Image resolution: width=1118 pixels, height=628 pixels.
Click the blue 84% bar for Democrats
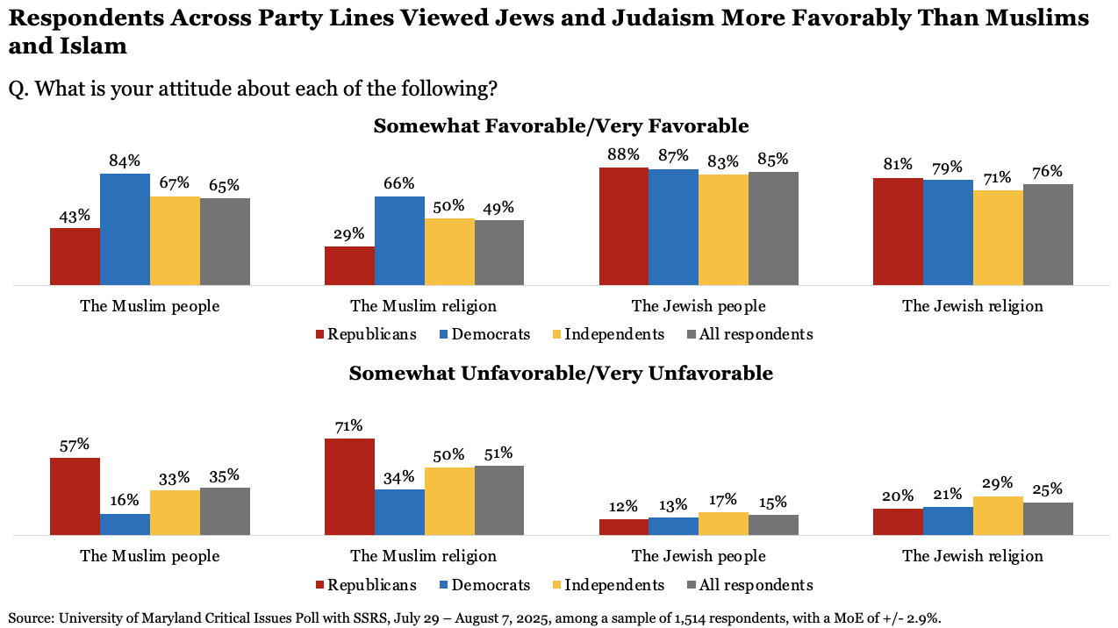point(125,229)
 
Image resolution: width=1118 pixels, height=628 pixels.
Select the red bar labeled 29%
point(349,266)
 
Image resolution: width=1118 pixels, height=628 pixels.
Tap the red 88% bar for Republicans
point(624,226)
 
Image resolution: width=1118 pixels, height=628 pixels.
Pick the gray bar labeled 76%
point(1048,234)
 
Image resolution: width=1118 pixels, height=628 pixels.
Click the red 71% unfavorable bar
point(349,486)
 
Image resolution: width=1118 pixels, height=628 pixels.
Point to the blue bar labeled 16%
point(125,524)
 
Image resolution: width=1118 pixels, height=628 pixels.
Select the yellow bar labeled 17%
point(724,524)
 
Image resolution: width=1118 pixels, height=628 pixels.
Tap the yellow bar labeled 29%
point(998,516)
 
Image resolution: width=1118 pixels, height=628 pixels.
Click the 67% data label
point(175,182)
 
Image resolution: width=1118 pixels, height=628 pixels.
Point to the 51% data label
point(499,452)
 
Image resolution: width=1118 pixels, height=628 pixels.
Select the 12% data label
point(624,505)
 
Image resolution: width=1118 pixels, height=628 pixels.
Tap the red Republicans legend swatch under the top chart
point(320,334)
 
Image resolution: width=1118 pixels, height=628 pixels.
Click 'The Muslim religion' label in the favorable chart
point(423,306)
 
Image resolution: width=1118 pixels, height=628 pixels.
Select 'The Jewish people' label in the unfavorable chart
point(699,556)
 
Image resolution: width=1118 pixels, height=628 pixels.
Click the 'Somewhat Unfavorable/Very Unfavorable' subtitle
point(561,374)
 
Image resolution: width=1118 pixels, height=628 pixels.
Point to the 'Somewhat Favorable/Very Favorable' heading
point(561,126)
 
